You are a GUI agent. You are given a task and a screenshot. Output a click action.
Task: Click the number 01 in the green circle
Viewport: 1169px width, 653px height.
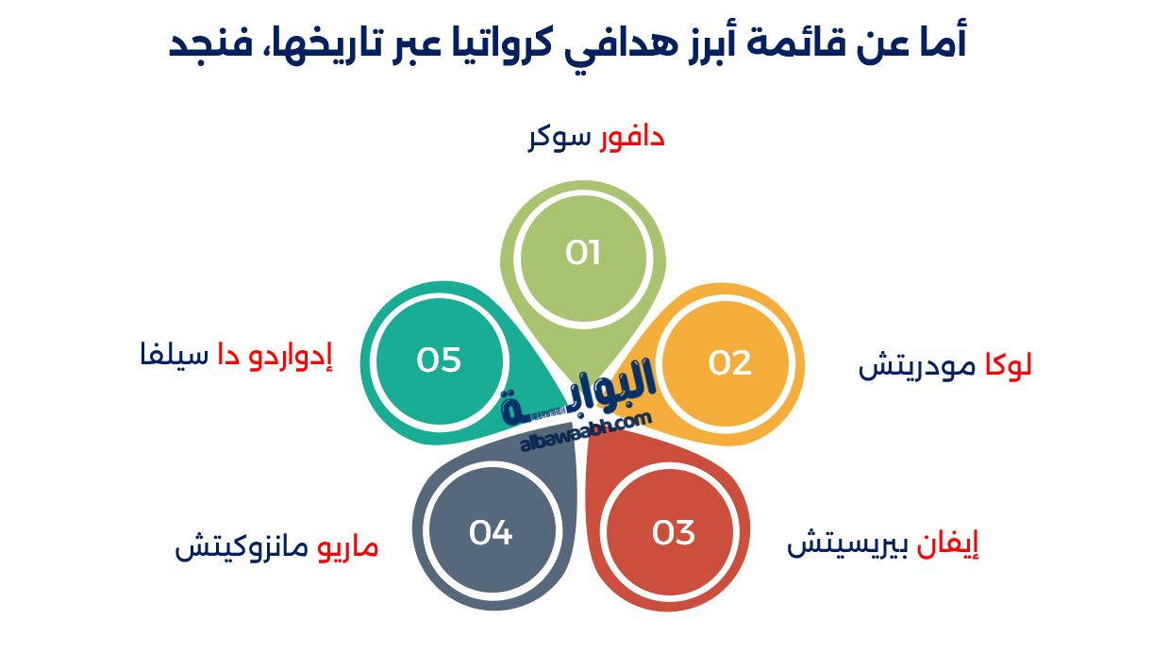click(x=583, y=253)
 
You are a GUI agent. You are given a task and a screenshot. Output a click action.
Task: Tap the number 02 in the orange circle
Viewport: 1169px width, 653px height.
click(x=729, y=363)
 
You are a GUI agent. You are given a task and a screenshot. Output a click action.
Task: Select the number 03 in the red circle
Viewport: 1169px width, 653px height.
click(x=674, y=533)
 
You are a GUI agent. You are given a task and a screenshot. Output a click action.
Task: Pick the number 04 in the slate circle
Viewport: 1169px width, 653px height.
click(x=491, y=533)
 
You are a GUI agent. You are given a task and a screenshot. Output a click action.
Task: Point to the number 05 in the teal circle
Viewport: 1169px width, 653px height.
click(x=439, y=360)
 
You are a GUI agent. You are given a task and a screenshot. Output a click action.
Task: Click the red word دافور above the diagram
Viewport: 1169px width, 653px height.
click(x=632, y=138)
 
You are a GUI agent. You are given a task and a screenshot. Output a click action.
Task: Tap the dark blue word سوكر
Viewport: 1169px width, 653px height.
click(x=559, y=138)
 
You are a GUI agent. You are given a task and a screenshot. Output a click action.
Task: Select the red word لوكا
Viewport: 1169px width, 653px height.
click(x=1008, y=365)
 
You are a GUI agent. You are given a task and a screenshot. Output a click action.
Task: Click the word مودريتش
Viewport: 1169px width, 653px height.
click(x=920, y=365)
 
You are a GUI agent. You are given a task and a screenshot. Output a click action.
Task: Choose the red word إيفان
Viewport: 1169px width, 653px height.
click(x=947, y=545)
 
